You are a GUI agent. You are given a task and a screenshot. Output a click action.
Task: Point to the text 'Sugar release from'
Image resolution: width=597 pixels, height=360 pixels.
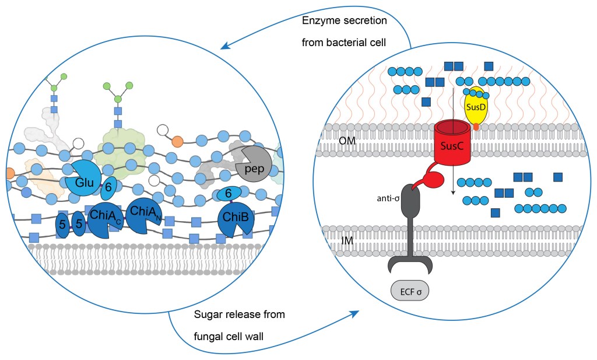(x=239, y=315)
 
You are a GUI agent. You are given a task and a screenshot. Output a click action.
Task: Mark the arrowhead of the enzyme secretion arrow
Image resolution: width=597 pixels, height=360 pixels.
(x=223, y=47)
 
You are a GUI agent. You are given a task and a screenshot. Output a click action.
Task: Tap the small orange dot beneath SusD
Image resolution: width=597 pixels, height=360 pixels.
(x=477, y=126)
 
